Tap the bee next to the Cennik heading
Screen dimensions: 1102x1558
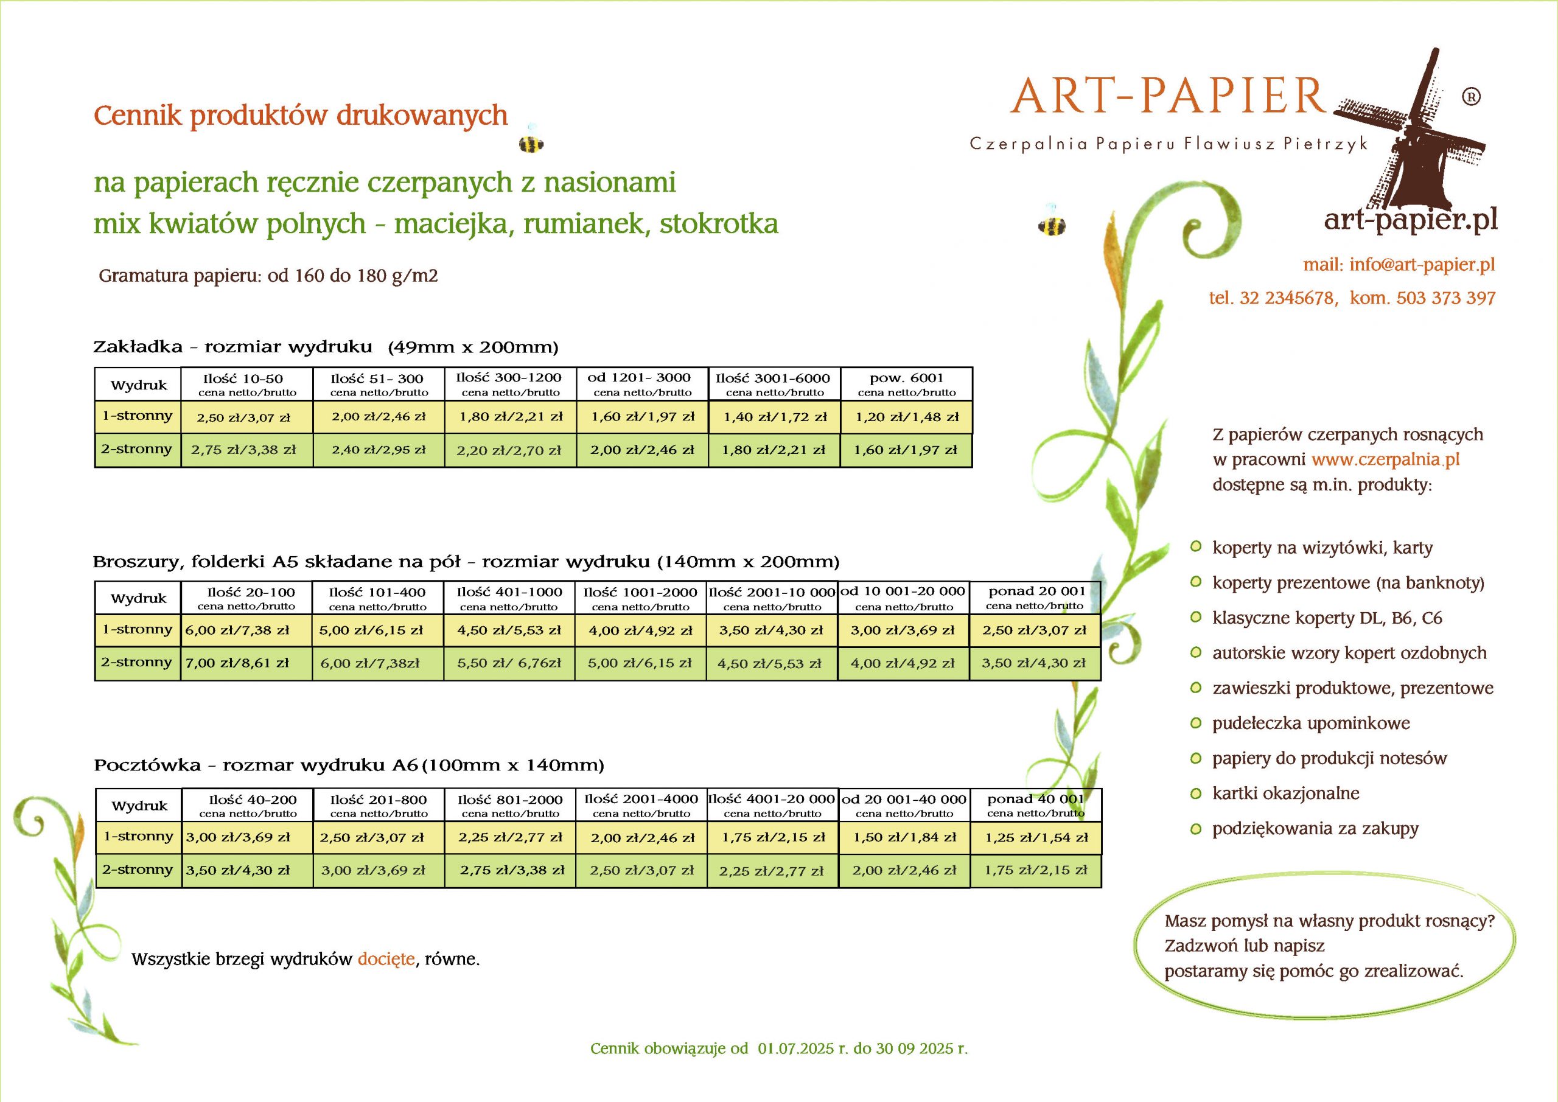point(531,142)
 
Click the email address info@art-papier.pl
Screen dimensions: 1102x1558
point(1422,265)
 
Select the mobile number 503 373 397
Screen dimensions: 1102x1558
point(1445,298)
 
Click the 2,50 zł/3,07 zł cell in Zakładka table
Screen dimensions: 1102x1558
point(243,417)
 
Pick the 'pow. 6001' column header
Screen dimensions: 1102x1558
point(906,384)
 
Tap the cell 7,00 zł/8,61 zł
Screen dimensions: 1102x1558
point(237,663)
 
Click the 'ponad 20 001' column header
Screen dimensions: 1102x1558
point(1035,597)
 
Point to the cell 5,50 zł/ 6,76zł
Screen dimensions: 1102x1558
point(509,663)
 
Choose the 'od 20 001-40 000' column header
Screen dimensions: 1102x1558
point(904,805)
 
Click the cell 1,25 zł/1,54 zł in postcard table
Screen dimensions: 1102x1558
point(1036,837)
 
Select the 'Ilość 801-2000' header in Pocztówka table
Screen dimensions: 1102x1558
point(510,805)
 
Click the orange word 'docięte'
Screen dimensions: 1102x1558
point(386,959)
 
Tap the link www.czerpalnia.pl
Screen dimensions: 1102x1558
point(1385,459)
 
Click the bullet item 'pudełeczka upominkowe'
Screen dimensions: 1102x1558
point(1310,724)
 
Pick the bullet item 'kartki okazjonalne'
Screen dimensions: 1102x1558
point(1285,793)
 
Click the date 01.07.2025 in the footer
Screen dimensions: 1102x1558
point(795,1048)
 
